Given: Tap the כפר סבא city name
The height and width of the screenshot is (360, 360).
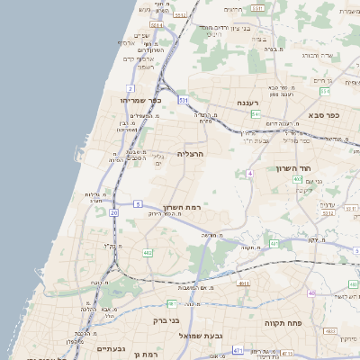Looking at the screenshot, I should tap(322, 115).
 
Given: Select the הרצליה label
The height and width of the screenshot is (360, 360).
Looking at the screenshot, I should tap(191, 154).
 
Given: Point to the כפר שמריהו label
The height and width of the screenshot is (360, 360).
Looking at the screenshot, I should tap(141, 100).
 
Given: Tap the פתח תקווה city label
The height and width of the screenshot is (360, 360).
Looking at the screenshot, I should tap(281, 321).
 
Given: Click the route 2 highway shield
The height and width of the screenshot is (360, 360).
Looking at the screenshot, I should tap(130, 88).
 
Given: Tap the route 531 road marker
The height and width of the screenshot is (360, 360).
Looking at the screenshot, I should tap(184, 99).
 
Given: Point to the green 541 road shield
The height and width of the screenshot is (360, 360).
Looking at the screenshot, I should tap(256, 114).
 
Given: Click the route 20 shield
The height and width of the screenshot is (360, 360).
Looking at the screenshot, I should tap(113, 212).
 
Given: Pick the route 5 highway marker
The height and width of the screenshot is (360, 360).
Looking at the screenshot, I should tap(138, 205).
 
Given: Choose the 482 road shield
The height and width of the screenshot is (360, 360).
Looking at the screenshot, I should tap(147, 253).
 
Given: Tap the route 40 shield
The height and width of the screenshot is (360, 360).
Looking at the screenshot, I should tap(311, 293).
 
